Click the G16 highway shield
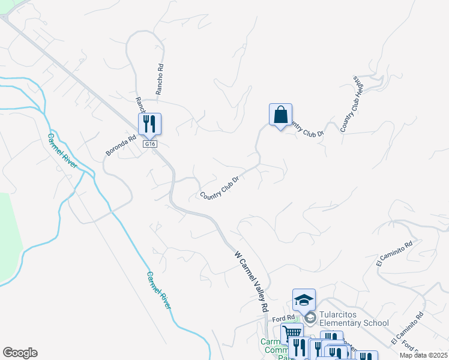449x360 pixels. point(149,144)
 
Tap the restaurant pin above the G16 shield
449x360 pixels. point(149,124)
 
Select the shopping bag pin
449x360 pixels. point(280,114)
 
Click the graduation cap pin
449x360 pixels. point(304,299)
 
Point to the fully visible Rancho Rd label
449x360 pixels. point(160,80)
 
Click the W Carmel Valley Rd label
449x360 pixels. point(251,281)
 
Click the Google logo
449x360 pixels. point(20,353)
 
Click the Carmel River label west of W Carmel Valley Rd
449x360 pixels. point(159,290)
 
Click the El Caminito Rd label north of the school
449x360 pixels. point(394,254)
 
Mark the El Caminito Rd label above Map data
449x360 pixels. point(407,328)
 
